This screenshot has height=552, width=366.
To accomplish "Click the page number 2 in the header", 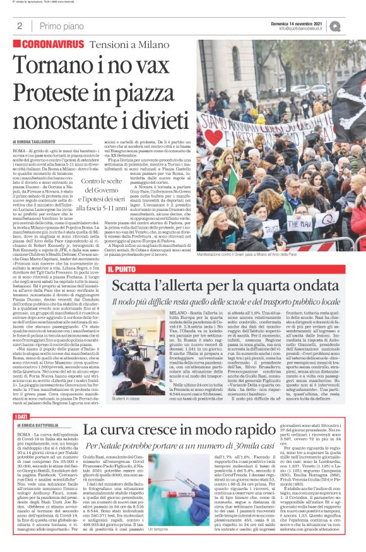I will [20, 26].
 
